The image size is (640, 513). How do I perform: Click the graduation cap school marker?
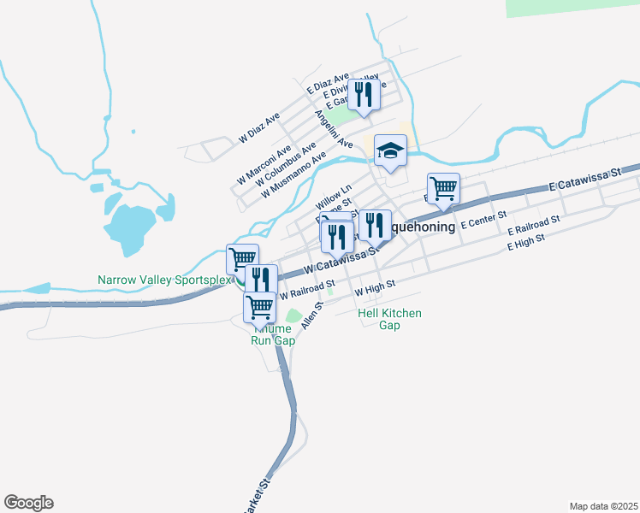point(390,150)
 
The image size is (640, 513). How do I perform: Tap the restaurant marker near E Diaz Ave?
point(364,94)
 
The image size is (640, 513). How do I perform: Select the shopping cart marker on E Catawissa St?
point(443,188)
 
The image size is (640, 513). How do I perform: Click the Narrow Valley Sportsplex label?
point(164,280)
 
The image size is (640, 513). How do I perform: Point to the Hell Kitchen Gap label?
point(389,320)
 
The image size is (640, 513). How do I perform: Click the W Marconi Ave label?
point(264,165)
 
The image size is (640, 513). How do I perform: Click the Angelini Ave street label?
point(333,129)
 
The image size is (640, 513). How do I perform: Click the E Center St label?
point(484,223)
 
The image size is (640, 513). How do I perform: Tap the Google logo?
point(28,503)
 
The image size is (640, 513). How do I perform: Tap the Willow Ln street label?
point(334,199)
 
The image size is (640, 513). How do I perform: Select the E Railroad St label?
point(533,226)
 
